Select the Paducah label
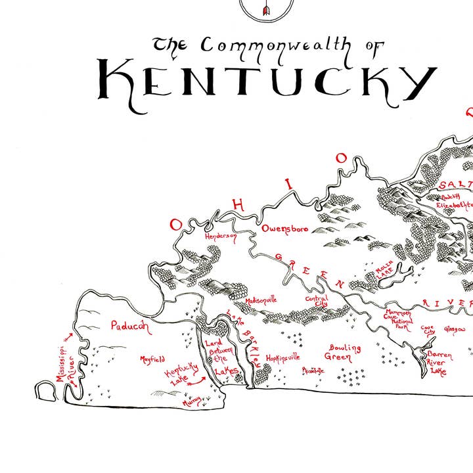tap(130, 325)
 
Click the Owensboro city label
tap(285, 229)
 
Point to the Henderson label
tap(220, 236)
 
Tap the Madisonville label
tap(261, 299)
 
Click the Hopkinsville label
tap(282, 358)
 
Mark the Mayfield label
tap(152, 359)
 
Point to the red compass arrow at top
tap(266, 9)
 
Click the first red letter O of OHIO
tap(175, 225)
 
